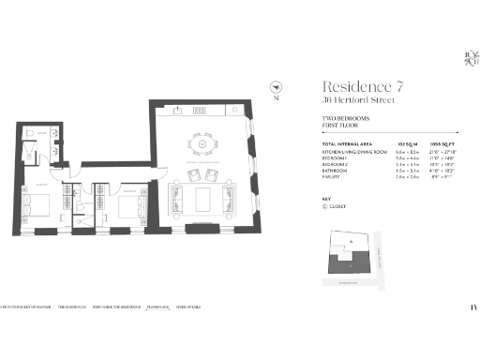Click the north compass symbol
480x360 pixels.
click(x=276, y=86)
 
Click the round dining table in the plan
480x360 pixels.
click(x=198, y=145)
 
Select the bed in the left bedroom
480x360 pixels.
click(x=42, y=202)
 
